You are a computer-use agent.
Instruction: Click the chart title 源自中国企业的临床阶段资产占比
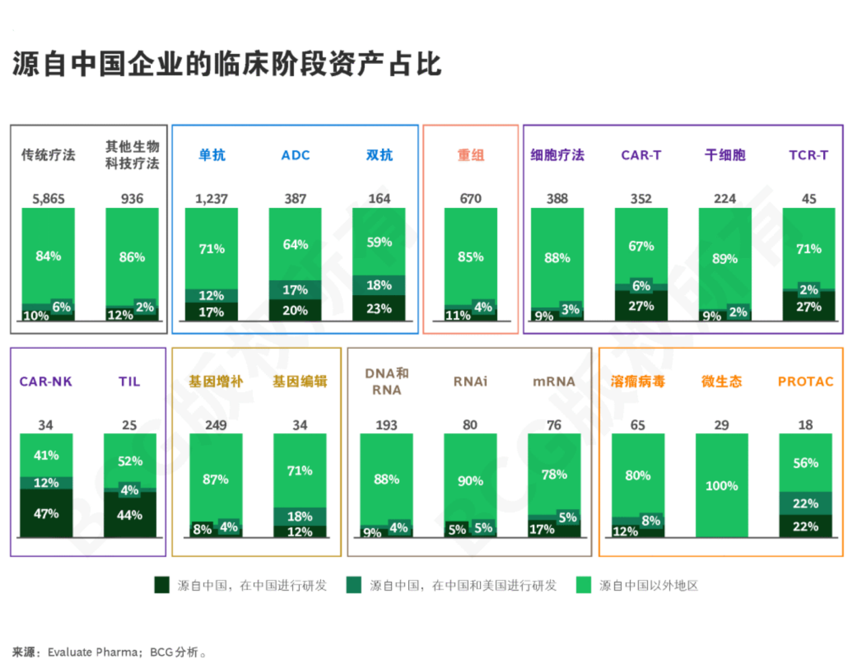pyautogui.click(x=226, y=65)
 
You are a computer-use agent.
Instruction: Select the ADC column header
pyautogui.click(x=296, y=155)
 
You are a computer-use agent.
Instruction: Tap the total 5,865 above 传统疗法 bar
pyautogui.click(x=48, y=199)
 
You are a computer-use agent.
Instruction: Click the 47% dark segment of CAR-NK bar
pyautogui.click(x=46, y=513)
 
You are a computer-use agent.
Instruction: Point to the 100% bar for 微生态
pyautogui.click(x=721, y=485)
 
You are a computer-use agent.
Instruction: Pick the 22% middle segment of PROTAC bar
pyautogui.click(x=806, y=504)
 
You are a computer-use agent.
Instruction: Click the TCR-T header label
pyautogui.click(x=808, y=155)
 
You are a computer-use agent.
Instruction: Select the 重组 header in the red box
pyautogui.click(x=471, y=155)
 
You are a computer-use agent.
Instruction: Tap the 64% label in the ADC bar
pyautogui.click(x=296, y=244)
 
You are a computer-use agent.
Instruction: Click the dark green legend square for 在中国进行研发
pyautogui.click(x=162, y=585)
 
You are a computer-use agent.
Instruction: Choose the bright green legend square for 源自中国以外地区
pyautogui.click(x=583, y=585)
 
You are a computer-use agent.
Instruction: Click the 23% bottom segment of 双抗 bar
pyautogui.click(x=379, y=308)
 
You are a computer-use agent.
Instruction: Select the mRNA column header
pyautogui.click(x=554, y=381)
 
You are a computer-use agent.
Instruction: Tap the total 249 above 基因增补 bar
pyautogui.click(x=216, y=425)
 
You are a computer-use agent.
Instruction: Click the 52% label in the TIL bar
pyautogui.click(x=130, y=461)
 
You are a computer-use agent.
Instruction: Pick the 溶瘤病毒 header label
pyautogui.click(x=637, y=381)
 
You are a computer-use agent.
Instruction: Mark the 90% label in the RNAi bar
pyautogui.click(x=470, y=481)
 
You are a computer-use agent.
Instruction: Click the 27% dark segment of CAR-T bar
pyautogui.click(x=641, y=306)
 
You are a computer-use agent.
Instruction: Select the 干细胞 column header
pyautogui.click(x=725, y=155)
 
